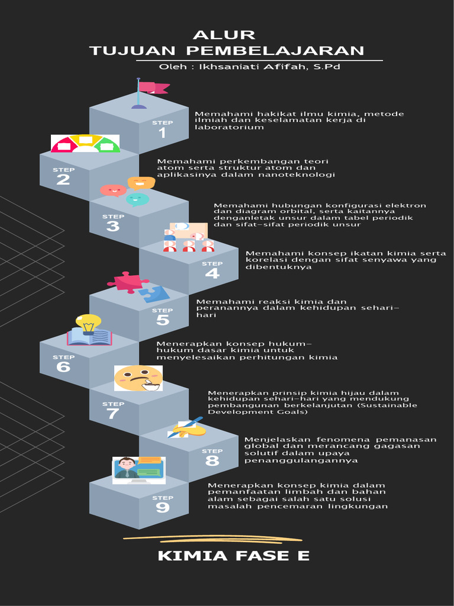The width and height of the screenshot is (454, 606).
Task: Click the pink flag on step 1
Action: [153, 88]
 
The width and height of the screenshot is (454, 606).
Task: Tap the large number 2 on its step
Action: [63, 179]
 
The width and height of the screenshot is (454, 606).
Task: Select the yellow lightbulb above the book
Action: [88, 323]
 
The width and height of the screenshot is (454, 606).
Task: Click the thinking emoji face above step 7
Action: [138, 378]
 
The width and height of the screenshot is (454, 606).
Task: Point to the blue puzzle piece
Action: [155, 294]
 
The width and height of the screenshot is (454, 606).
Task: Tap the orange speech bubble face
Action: [141, 182]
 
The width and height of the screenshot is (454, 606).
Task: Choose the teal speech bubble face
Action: [137, 199]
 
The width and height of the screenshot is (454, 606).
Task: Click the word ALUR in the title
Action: [224, 35]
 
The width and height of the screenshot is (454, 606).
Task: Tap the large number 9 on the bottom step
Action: [163, 508]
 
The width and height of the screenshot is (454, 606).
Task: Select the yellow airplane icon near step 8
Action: [188, 428]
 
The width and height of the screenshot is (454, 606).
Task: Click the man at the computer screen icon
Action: [127, 468]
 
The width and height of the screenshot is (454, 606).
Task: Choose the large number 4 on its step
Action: [212, 273]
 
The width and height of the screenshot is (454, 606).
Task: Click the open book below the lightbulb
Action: [89, 338]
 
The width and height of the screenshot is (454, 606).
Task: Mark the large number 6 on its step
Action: [63, 367]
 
